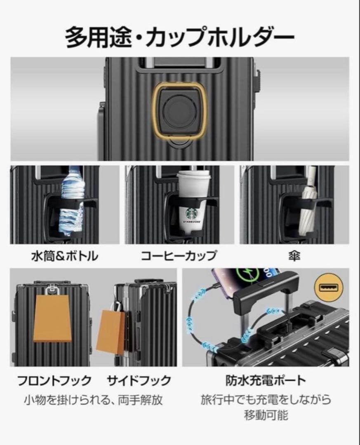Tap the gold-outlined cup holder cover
tap(179, 108)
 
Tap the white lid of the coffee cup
tap(194, 176)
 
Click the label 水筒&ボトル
tap(65, 256)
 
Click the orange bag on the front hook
tap(52, 318)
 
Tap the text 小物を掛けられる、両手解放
tap(93, 399)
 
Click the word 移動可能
tap(266, 415)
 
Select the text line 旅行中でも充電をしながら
tap(266, 399)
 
